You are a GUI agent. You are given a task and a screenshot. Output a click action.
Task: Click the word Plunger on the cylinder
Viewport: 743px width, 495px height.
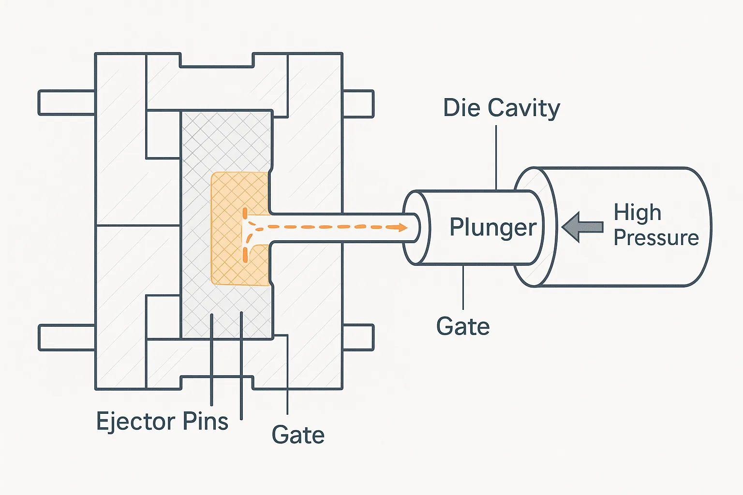(493, 227)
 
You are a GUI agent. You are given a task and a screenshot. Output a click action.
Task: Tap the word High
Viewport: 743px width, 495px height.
(637, 213)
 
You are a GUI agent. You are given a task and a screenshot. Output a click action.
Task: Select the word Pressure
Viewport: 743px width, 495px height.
(656, 237)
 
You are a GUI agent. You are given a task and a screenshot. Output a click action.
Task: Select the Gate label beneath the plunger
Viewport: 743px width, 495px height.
(463, 326)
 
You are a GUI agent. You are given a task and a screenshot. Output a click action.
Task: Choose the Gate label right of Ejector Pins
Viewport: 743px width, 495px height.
(298, 435)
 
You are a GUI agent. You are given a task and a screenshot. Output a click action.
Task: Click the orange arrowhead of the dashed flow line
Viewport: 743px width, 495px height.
(402, 227)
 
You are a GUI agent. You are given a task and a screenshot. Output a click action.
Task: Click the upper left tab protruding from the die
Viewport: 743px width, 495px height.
(66, 102)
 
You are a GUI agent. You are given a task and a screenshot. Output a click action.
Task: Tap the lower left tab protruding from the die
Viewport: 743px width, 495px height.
(66, 337)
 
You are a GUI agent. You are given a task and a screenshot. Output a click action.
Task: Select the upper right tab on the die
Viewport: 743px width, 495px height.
(358, 104)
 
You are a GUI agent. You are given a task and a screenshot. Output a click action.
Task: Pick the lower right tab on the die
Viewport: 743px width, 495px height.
(358, 337)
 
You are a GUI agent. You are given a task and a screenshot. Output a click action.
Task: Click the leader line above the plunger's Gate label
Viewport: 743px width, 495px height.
(463, 287)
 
